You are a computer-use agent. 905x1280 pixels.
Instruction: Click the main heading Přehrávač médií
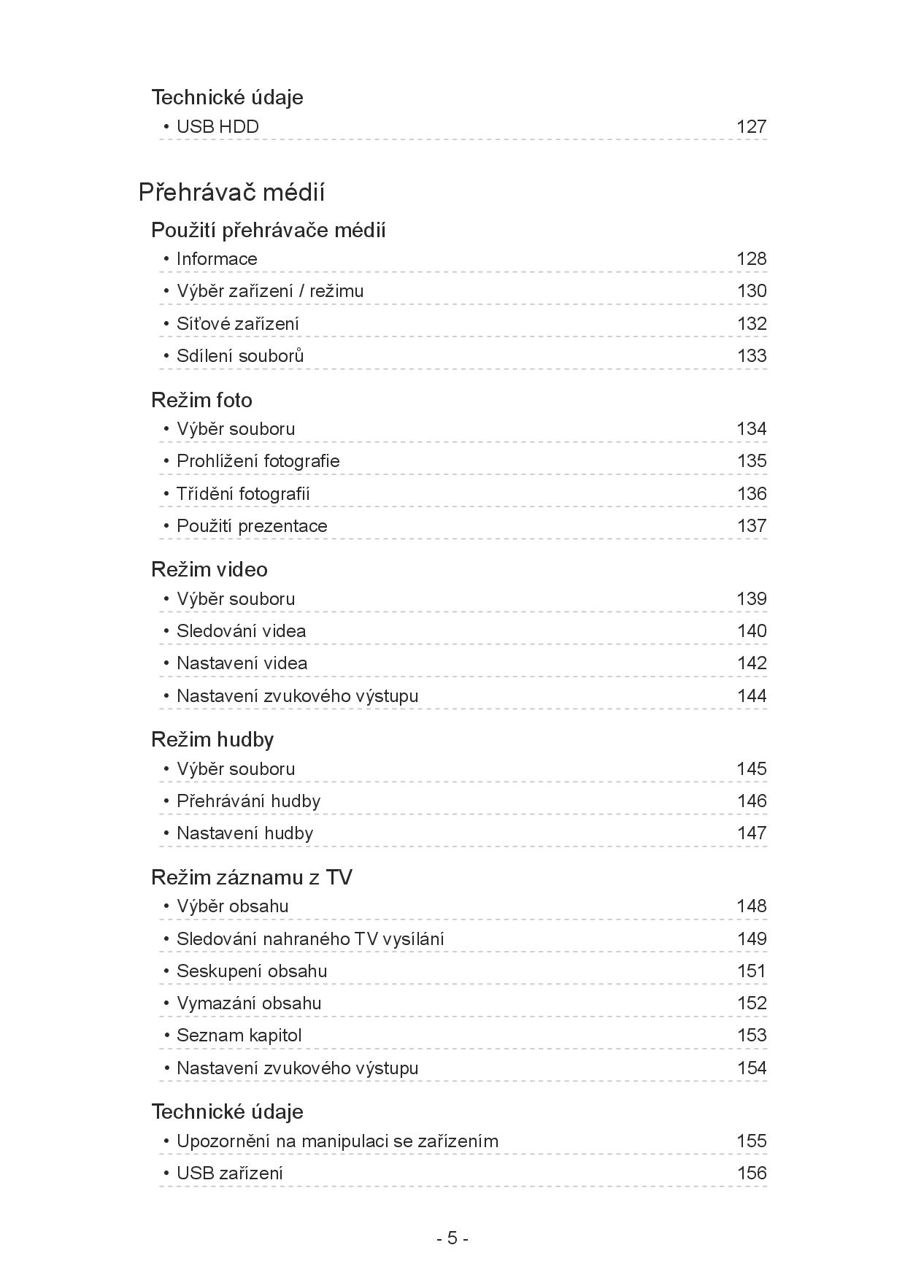231,193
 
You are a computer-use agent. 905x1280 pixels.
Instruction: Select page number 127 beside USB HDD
751,127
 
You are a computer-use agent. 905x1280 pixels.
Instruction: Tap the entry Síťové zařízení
237,323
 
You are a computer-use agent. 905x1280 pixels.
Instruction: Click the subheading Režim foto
201,400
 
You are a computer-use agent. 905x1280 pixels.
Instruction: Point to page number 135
751,461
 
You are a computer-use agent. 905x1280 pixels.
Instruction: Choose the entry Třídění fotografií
243,494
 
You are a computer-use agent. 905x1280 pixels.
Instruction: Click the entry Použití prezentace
252,526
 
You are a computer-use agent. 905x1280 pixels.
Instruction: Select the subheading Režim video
209,569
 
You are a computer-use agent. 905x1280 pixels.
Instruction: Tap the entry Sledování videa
241,631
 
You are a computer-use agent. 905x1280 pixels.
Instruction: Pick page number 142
751,663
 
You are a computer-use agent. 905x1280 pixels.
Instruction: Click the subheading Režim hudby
212,739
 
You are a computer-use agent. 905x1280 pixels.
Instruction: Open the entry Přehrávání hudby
248,801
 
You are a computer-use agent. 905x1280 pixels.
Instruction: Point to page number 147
751,833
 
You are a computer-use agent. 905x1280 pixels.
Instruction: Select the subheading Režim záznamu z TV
251,877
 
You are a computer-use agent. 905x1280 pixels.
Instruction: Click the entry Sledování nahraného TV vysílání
310,939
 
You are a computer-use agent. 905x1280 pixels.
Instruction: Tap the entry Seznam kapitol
239,1036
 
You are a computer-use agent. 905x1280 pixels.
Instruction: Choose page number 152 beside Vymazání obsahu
751,1003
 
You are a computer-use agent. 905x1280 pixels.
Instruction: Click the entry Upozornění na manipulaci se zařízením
337,1141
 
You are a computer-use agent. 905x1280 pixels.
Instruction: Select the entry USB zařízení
229,1173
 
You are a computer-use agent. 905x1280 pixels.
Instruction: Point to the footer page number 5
452,1238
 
